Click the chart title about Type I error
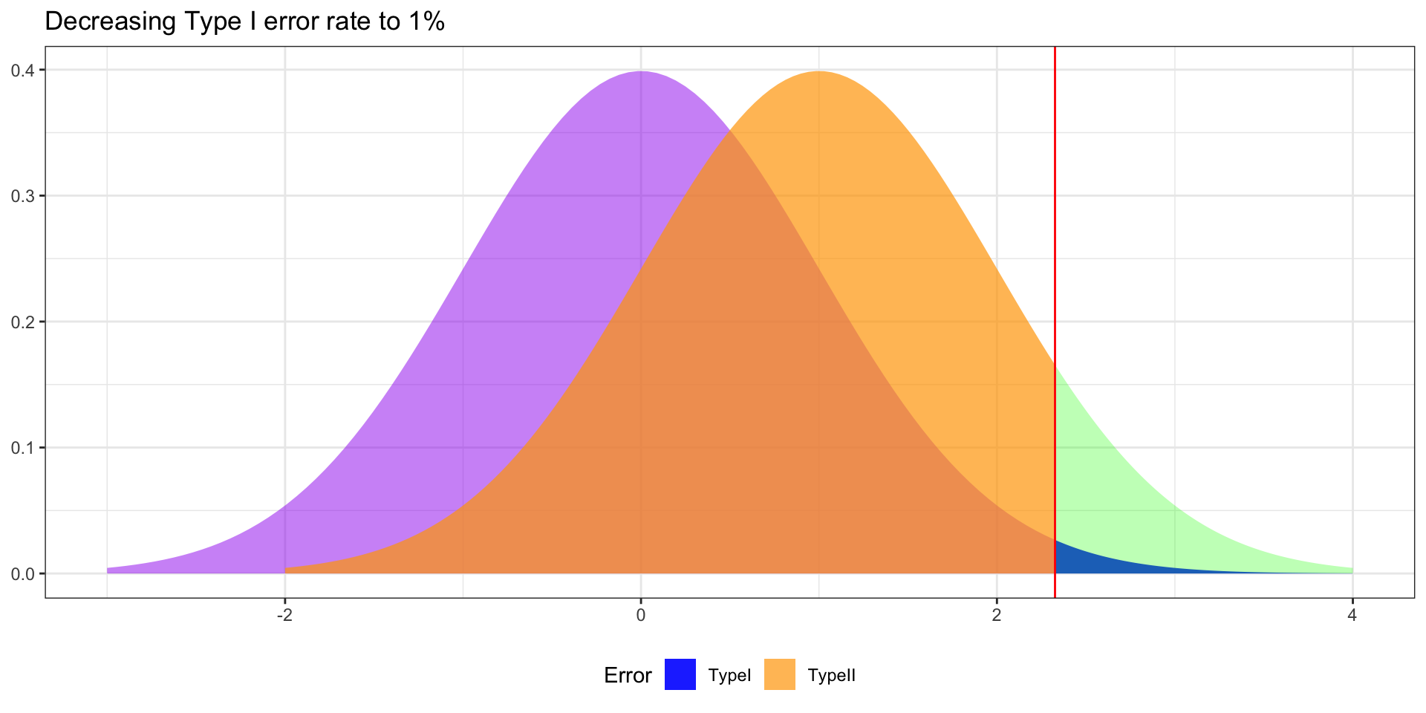coord(244,22)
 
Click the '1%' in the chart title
coord(425,22)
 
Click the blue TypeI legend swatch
coord(680,674)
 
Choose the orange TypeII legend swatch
coord(779,674)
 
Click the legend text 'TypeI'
coord(729,676)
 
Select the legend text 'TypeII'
coord(831,676)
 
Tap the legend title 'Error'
coord(628,676)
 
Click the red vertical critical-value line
coord(1055,223)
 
